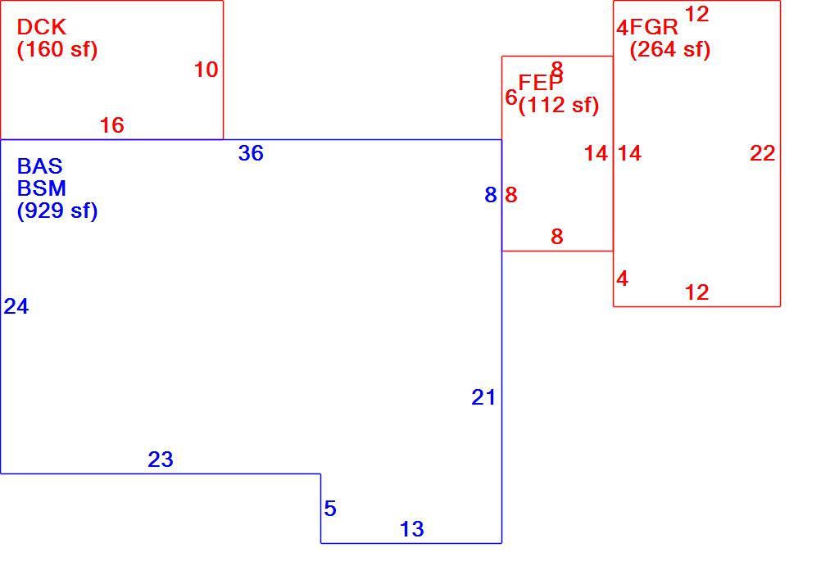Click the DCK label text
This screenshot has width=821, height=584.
point(41,27)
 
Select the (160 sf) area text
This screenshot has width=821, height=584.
point(57,50)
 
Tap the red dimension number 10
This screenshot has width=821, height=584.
point(206,70)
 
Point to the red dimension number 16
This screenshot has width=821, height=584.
point(112,125)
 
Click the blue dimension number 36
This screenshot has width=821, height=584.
point(251,153)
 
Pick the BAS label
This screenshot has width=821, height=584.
point(40,166)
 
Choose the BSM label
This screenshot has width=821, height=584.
point(41,188)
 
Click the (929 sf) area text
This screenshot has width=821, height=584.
point(57,211)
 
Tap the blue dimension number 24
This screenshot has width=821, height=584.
point(16,306)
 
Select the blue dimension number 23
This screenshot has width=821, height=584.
point(161,460)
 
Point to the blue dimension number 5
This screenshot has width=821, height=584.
point(330,508)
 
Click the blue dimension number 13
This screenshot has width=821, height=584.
point(412,529)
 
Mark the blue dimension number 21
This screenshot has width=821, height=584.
point(483,398)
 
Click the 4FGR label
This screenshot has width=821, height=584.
point(647,27)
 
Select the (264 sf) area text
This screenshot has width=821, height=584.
point(669,50)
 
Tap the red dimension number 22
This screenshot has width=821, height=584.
point(762,153)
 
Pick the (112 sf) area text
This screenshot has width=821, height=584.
point(558,105)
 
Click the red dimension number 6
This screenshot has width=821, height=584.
point(511,97)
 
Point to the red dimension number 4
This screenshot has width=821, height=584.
point(622,278)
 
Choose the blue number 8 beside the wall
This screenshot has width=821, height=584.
point(491,195)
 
